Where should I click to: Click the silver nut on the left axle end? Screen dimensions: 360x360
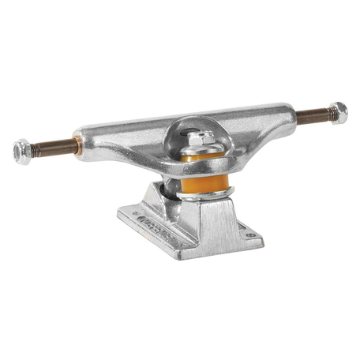(x=22, y=148)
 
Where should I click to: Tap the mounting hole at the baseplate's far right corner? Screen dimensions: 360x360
(x=251, y=234)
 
